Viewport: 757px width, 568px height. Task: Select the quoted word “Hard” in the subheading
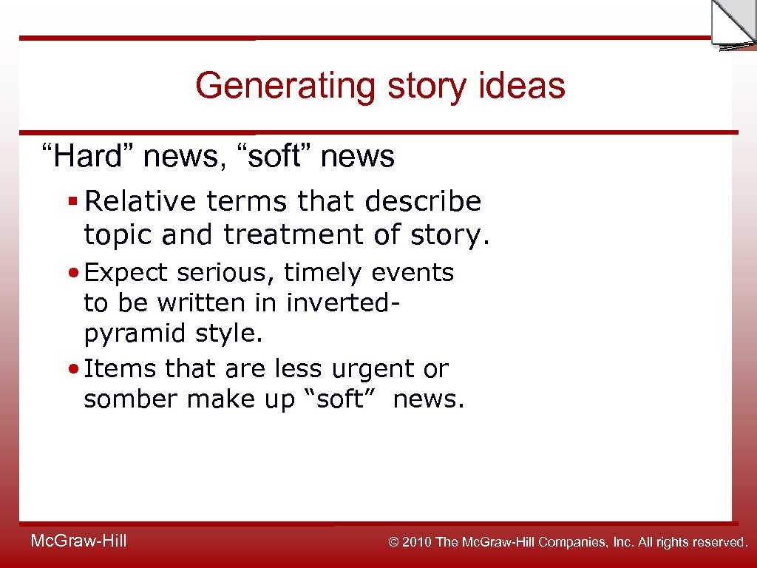86,156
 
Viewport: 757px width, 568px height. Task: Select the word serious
226,273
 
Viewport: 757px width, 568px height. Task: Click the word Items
121,368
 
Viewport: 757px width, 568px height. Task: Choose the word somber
132,399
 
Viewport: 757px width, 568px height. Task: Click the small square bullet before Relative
72,200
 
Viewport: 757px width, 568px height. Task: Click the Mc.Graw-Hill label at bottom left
78,541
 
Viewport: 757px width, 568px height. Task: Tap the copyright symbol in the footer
394,542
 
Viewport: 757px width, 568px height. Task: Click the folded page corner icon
733,24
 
